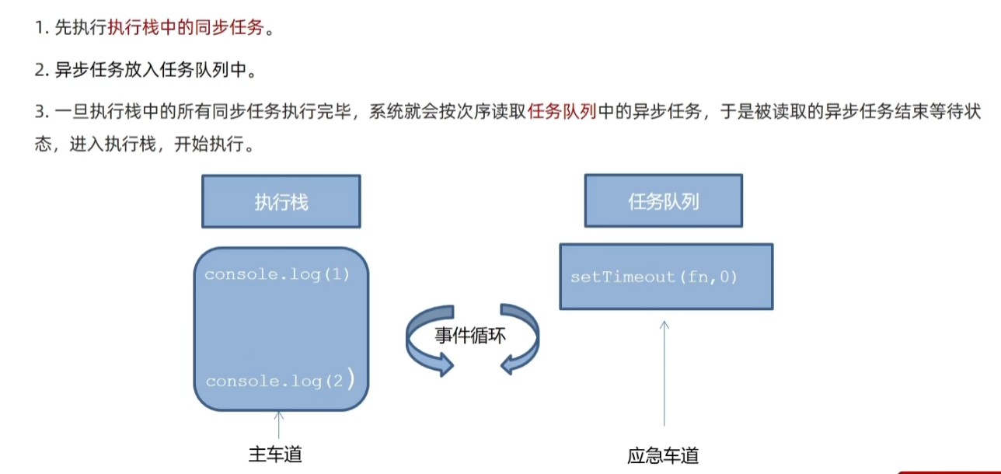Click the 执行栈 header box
pyautogui.click(x=281, y=201)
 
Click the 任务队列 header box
pyautogui.click(x=664, y=201)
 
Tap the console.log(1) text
pyautogui.click(x=277, y=274)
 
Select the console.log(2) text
pyautogui.click(x=281, y=379)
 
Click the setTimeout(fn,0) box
pyautogui.click(x=666, y=277)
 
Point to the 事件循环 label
pyautogui.click(x=470, y=335)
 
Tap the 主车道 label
pyautogui.click(x=275, y=455)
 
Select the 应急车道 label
pyautogui.click(x=663, y=455)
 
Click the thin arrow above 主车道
pyautogui.click(x=279, y=425)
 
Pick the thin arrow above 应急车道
pyautogui.click(x=664, y=374)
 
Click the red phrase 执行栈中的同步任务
pyautogui.click(x=186, y=28)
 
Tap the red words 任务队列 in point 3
pyautogui.click(x=562, y=111)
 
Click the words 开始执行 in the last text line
pyautogui.click(x=209, y=144)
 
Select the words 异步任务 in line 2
pyautogui.click(x=89, y=70)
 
